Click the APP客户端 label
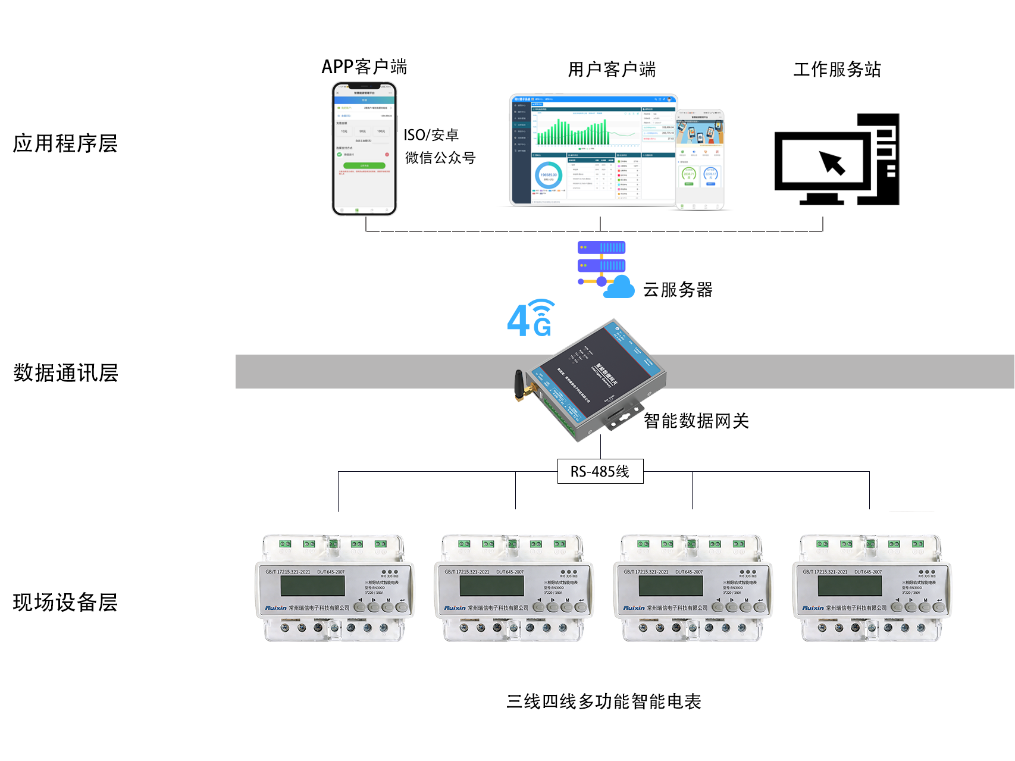(364, 67)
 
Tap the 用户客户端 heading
(612, 70)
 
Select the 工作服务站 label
(837, 70)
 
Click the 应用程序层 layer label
(65, 143)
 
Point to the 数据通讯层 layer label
(65, 373)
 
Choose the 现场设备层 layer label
(65, 602)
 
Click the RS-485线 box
(600, 471)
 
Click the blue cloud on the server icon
(619, 287)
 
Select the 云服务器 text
(678, 290)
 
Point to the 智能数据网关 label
(696, 421)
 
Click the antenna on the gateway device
(519, 385)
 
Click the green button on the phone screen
(364, 165)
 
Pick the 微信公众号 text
(440, 158)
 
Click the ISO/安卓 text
(431, 135)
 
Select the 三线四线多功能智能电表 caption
(603, 702)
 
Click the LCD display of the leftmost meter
(312, 585)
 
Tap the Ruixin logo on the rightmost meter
(813, 608)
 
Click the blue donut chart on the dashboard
(548, 176)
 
